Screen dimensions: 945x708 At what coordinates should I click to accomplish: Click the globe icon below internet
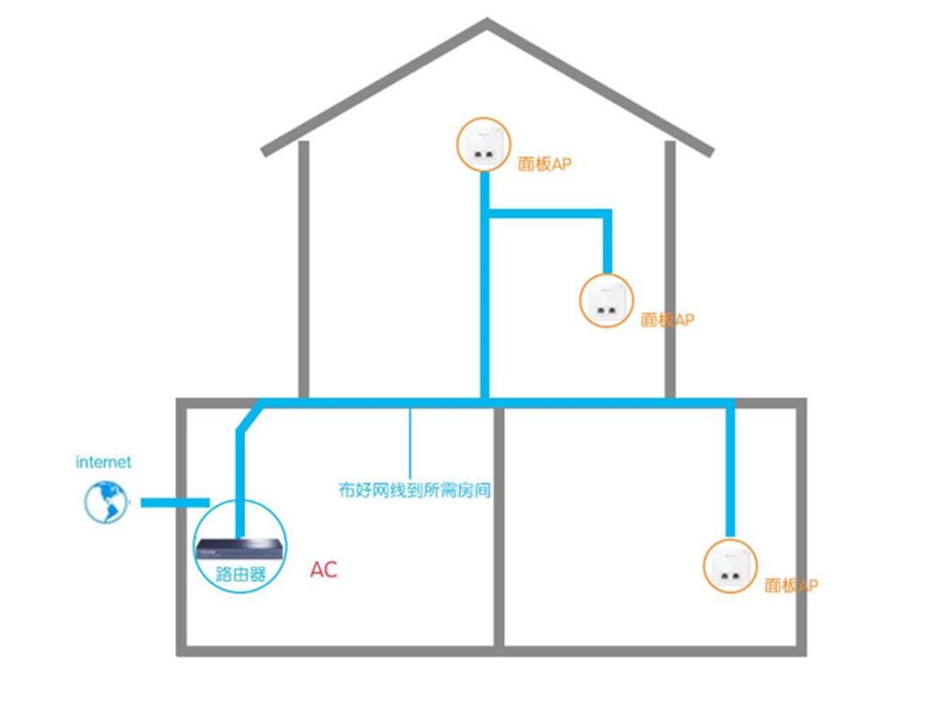point(106,502)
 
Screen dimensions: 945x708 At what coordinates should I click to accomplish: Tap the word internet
point(103,462)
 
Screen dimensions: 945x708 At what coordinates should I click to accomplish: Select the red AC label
point(324,570)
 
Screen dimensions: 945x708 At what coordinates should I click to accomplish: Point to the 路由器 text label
point(241,573)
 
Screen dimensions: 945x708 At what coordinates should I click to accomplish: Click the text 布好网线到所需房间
point(415,490)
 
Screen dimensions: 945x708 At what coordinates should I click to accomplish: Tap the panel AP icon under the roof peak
point(483,144)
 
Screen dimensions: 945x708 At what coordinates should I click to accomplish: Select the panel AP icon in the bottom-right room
point(731,566)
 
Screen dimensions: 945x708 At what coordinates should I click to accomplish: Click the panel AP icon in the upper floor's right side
point(606,301)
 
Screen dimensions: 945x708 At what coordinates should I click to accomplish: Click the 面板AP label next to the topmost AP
point(545,164)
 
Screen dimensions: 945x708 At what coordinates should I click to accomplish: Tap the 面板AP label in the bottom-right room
point(791,585)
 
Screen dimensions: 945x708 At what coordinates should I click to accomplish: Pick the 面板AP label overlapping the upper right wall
point(668,319)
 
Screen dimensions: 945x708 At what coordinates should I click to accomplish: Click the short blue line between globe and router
point(175,502)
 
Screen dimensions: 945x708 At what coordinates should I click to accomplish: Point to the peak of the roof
point(487,20)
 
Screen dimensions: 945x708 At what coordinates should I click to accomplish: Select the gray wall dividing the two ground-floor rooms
point(499,527)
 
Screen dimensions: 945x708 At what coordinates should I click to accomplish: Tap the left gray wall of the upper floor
point(304,270)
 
